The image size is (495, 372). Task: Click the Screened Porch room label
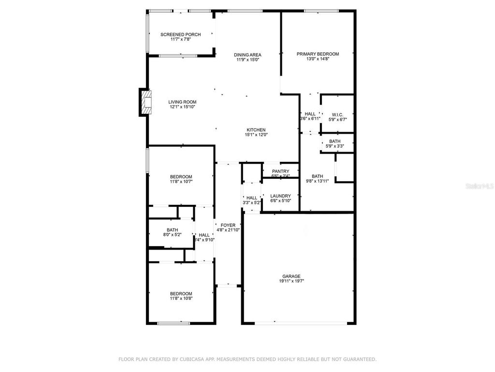click(180, 34)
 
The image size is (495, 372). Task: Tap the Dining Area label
click(247, 55)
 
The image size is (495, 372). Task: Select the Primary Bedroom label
click(318, 54)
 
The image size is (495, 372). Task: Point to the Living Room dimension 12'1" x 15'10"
click(183, 108)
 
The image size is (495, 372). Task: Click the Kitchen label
click(256, 130)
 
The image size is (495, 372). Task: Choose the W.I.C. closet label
click(337, 114)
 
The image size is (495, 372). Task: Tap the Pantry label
click(280, 171)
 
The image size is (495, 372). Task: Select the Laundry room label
click(280, 196)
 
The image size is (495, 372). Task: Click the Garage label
click(291, 276)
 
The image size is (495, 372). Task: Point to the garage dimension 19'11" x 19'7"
click(291, 281)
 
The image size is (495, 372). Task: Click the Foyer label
click(228, 225)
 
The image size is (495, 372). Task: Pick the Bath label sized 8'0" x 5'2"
click(172, 230)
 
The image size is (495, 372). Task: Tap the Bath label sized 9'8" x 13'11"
click(317, 176)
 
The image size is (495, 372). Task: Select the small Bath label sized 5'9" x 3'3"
click(335, 141)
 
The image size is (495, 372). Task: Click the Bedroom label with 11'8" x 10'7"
click(181, 176)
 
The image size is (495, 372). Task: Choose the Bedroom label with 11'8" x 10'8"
click(181, 294)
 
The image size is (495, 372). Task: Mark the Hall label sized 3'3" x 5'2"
click(252, 198)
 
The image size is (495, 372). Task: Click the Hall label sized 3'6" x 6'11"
click(310, 114)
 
